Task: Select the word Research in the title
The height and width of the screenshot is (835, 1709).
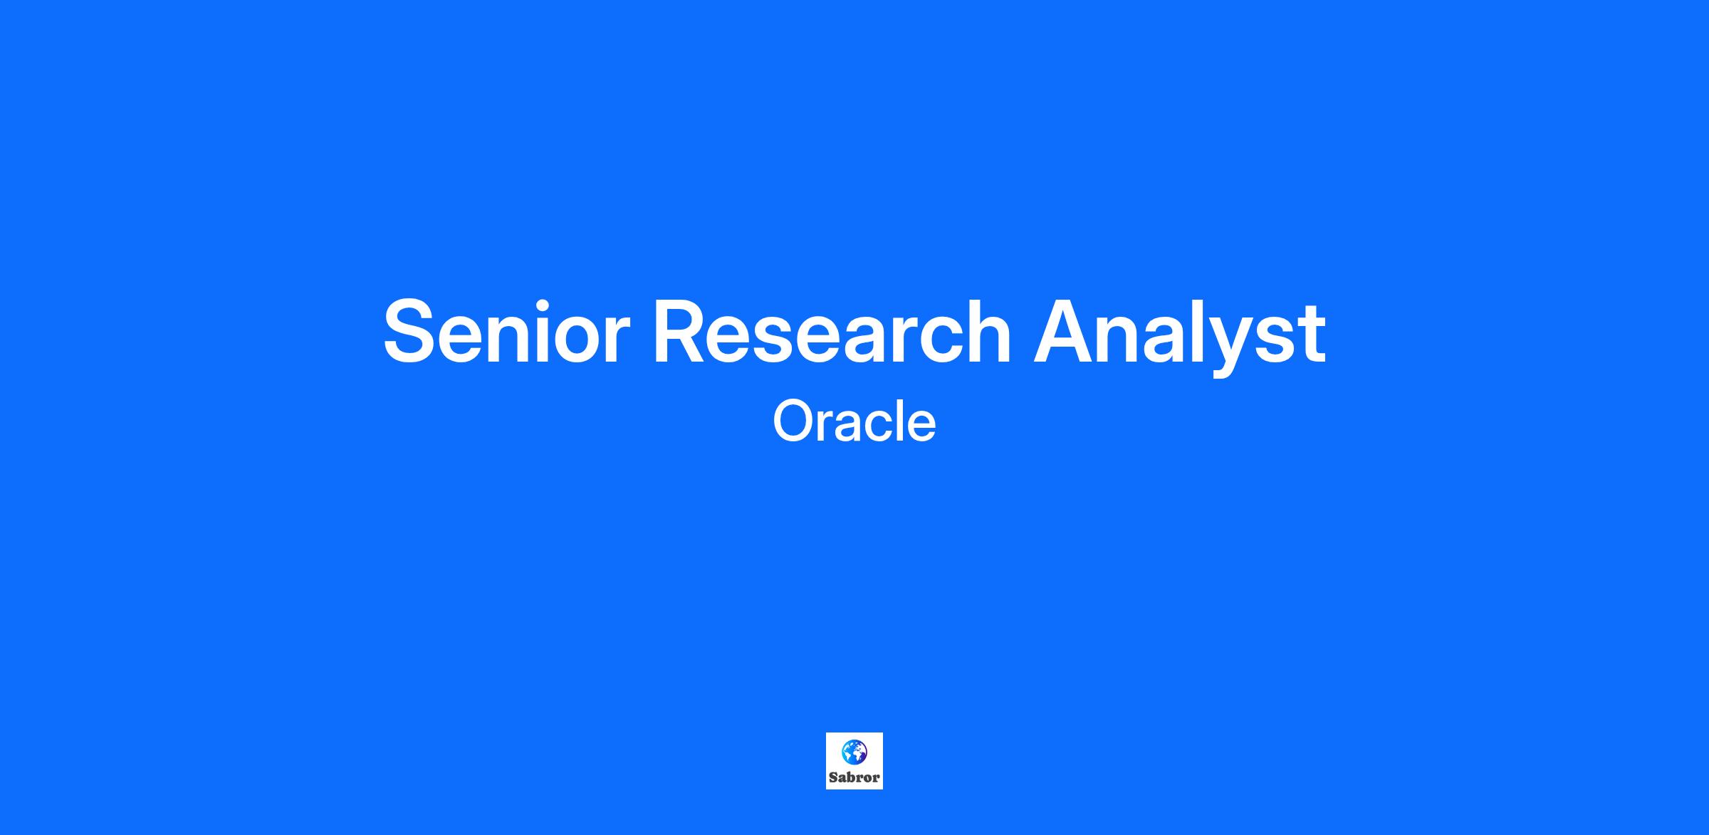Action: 832,330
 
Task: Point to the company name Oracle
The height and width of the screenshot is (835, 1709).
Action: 854,421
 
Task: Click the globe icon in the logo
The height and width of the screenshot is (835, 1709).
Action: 854,752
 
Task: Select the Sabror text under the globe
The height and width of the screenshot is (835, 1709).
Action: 854,777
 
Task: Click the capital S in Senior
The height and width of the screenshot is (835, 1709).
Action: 410,332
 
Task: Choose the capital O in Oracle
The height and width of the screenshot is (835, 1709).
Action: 794,421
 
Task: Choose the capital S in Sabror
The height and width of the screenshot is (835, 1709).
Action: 833,777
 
